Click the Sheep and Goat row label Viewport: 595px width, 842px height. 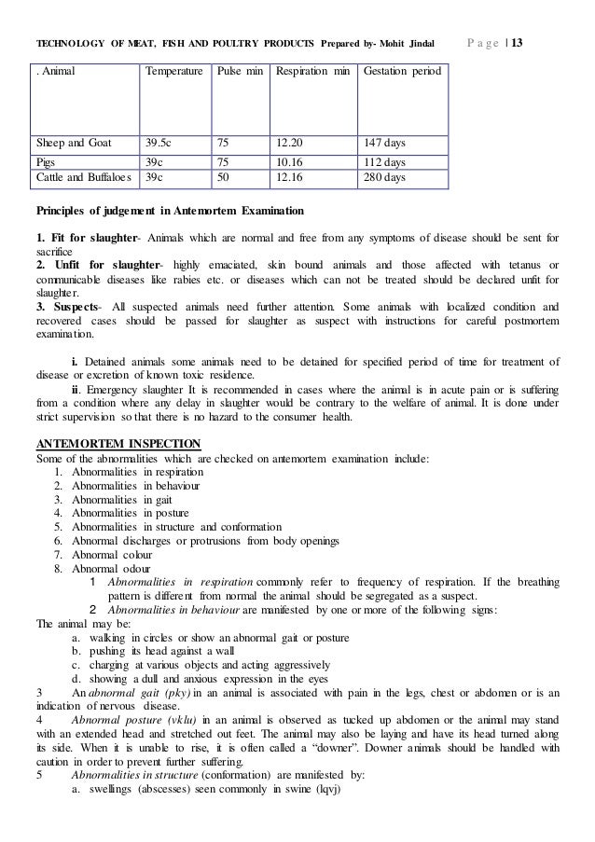pyautogui.click(x=74, y=144)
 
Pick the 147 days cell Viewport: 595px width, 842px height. pyautogui.click(x=384, y=144)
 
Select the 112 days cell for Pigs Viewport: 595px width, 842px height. pyautogui.click(x=384, y=161)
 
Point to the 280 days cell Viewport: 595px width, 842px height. pyautogui.click(x=384, y=176)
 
